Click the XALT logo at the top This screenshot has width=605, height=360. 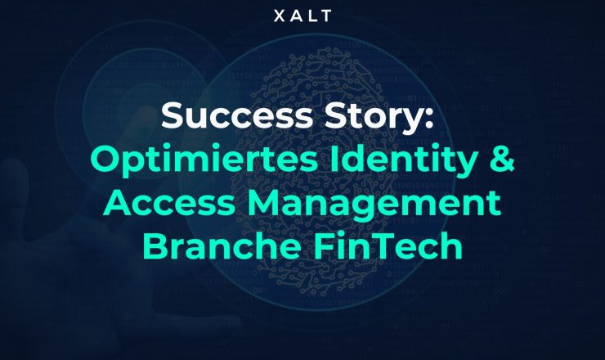(x=302, y=16)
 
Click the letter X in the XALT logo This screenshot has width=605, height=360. (x=278, y=16)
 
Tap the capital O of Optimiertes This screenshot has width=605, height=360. (x=104, y=160)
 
